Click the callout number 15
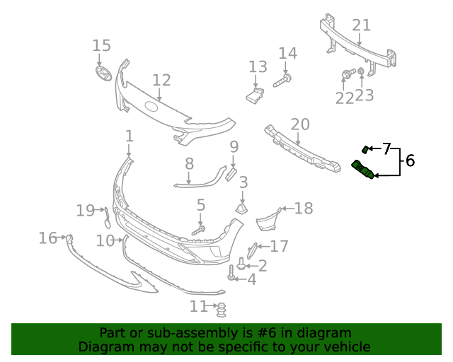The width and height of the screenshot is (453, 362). tap(101, 46)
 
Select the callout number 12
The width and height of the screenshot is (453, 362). tap(161, 81)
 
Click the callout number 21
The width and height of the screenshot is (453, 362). tap(361, 25)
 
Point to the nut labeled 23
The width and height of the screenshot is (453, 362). tap(361, 72)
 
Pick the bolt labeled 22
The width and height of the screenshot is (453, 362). tap(348, 74)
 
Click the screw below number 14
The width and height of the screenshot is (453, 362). tap(281, 83)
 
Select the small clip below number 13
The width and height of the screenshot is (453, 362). tap(255, 93)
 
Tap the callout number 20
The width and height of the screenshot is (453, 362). tap(300, 124)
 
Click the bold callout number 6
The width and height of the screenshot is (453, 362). tap(410, 161)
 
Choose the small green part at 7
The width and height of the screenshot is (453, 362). tap(365, 149)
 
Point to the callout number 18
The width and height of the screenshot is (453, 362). tap(303, 208)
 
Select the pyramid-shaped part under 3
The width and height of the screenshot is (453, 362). tap(243, 208)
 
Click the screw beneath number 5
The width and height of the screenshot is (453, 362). tap(199, 230)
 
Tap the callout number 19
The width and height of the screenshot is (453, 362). tap(85, 210)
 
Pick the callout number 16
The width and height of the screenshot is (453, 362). tap(47, 238)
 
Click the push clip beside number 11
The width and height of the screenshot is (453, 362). tap(222, 309)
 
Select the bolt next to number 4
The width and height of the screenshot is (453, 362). tap(231, 272)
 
